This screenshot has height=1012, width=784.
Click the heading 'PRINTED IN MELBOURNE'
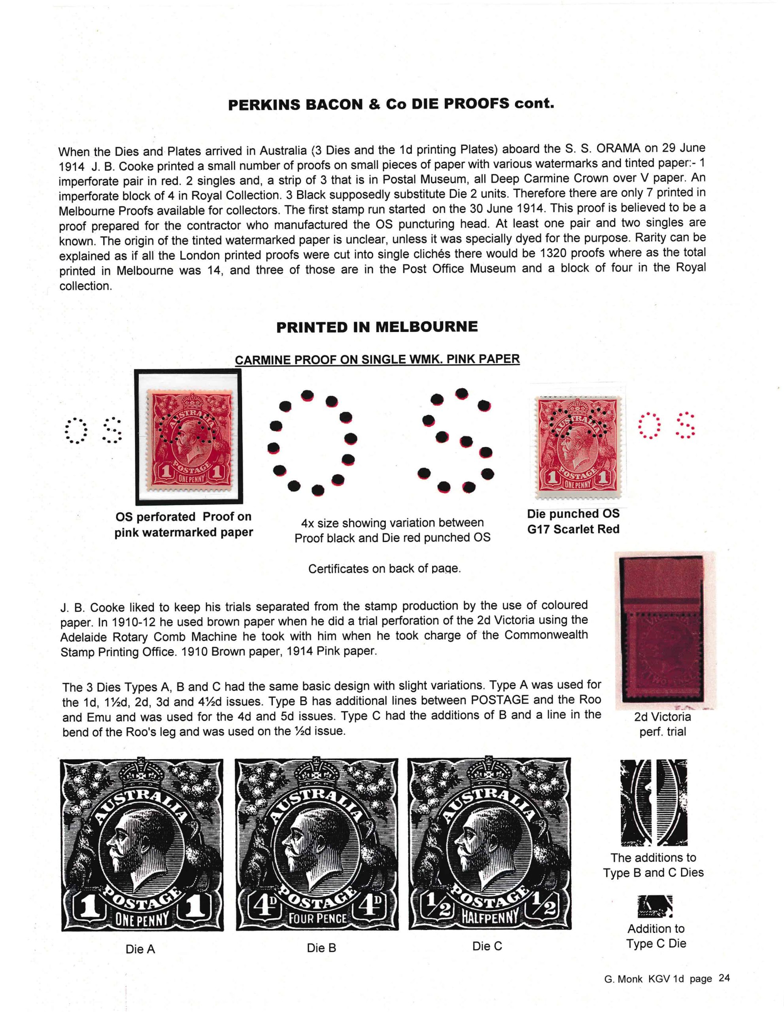pyautogui.click(x=377, y=327)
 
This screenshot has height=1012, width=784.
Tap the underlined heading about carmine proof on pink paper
pyautogui.click(x=377, y=360)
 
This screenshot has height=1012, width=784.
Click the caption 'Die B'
pyautogui.click(x=321, y=948)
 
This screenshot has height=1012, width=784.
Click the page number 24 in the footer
pyautogui.click(x=724, y=978)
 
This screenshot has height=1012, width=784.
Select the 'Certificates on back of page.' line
pyautogui.click(x=385, y=568)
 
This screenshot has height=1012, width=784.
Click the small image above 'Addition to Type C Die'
pyautogui.click(x=655, y=906)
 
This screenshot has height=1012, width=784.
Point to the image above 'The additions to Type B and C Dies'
pyautogui.click(x=653, y=802)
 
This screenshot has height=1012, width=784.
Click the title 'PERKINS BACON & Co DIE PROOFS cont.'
pyautogui.click(x=391, y=104)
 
